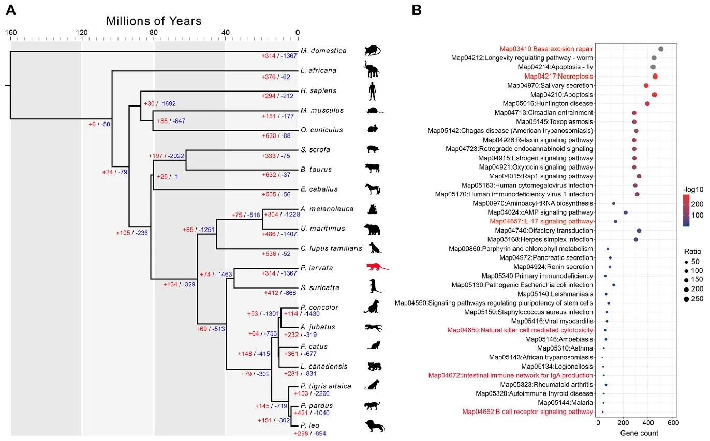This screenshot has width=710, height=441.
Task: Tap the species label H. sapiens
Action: coord(318,90)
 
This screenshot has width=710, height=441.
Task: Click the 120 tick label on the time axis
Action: coord(81,33)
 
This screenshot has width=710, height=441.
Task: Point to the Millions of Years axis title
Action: coord(154,21)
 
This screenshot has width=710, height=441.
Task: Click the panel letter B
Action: coord(417,10)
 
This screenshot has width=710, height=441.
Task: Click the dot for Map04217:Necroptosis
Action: coord(655,76)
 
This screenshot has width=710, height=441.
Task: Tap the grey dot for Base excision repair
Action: coord(661,49)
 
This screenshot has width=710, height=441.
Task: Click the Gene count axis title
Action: coord(635,433)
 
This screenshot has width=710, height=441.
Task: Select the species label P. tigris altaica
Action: coord(326,386)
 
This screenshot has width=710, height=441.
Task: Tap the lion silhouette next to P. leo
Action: coord(374,426)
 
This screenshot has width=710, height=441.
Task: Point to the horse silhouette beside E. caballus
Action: coord(373,189)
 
